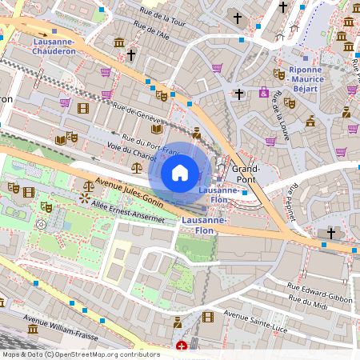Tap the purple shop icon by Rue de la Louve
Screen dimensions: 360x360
pyautogui.click(x=270, y=141)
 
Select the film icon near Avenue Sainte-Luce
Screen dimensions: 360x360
pyautogui.click(x=208, y=318)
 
